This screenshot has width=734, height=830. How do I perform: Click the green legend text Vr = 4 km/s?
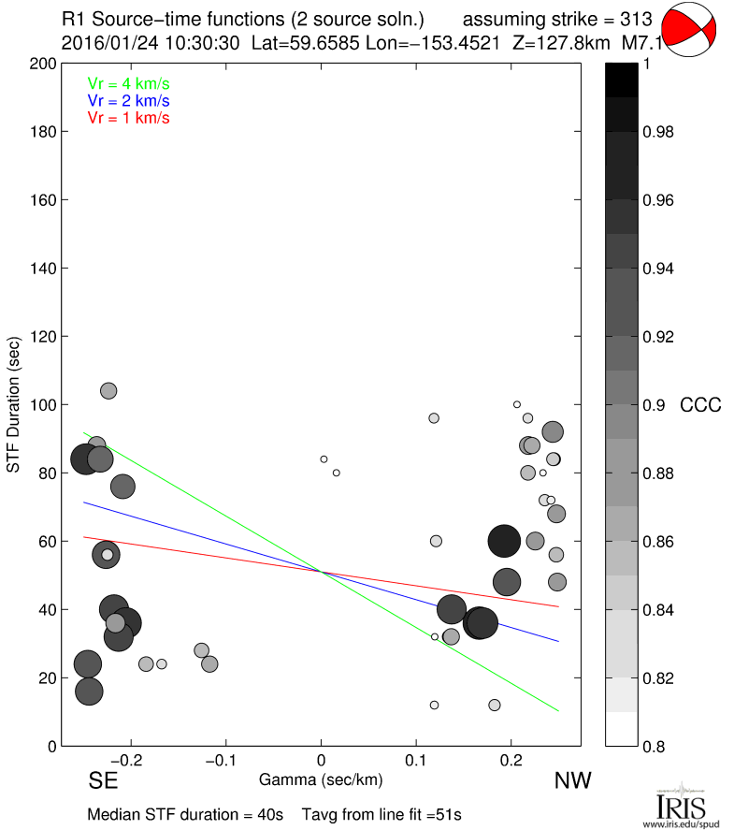128,83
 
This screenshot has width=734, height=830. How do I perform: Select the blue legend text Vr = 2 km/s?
128,100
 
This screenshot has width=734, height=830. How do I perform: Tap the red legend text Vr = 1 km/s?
128,118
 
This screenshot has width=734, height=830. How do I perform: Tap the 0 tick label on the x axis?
321,761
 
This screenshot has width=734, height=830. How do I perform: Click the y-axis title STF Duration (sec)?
15,404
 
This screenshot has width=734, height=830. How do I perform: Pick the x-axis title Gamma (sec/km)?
321,779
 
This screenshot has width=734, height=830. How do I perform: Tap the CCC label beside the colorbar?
700,405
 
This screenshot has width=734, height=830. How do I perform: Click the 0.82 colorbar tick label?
658,677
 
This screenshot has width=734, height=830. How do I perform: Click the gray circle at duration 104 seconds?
108,390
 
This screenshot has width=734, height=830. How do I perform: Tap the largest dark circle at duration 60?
504,541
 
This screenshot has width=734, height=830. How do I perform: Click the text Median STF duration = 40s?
185,814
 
